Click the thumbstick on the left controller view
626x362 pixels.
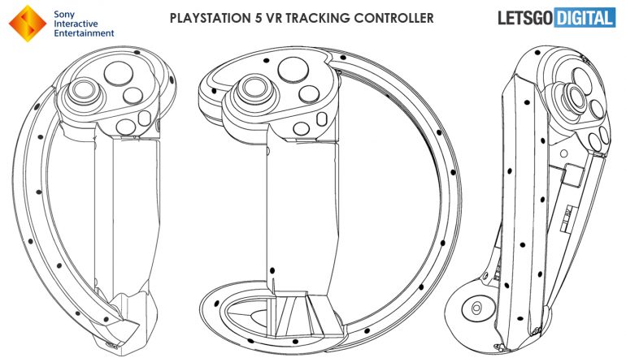pyautogui.click(x=84, y=91)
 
